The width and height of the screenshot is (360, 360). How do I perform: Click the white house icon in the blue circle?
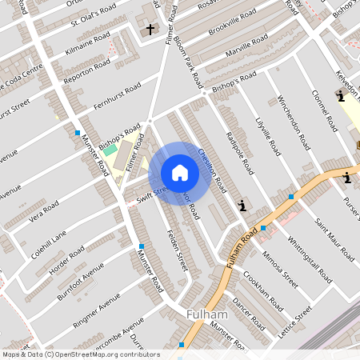(180, 173)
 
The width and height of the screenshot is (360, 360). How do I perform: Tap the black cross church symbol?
(150, 30)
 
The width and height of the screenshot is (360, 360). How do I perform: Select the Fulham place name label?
(207, 315)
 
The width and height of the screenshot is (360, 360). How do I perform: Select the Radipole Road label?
(239, 152)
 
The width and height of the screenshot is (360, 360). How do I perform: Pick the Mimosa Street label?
(279, 271)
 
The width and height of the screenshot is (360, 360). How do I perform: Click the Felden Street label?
(177, 250)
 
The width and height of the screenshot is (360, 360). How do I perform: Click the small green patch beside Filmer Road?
(110, 150)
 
